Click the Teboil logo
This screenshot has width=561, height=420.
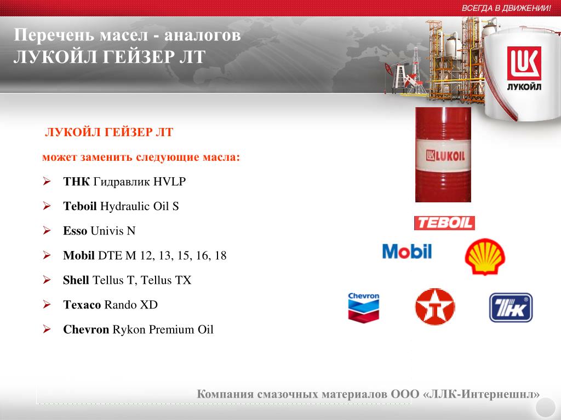(x=444, y=223)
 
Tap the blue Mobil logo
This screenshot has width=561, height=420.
(x=407, y=251)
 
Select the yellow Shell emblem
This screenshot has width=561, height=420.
(x=485, y=256)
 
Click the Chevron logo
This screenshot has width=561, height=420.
(x=364, y=307)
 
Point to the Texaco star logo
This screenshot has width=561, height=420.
(x=435, y=307)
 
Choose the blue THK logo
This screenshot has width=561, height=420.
(x=511, y=307)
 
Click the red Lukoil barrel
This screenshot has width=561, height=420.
(x=443, y=155)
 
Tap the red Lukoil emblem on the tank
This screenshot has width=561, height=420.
(x=524, y=63)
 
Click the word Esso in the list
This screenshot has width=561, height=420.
(x=75, y=231)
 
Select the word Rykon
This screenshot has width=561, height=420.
(x=129, y=330)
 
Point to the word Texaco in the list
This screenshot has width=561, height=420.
(x=82, y=305)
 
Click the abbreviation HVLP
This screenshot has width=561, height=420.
(x=170, y=182)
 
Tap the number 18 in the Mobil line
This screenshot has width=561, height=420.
(x=220, y=255)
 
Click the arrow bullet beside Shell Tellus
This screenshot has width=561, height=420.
(x=47, y=279)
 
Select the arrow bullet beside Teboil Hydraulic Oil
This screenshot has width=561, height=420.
(x=47, y=206)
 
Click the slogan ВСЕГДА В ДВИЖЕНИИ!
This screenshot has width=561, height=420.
(x=506, y=8)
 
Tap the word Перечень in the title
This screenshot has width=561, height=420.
(x=54, y=35)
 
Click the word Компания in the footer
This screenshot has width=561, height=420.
(x=225, y=394)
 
